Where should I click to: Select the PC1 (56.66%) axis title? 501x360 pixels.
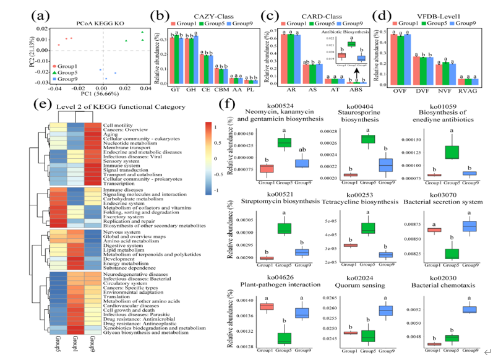pyautogui.click(x=86, y=93)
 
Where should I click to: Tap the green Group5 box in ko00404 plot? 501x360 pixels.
pyautogui.click(x=350, y=139)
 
